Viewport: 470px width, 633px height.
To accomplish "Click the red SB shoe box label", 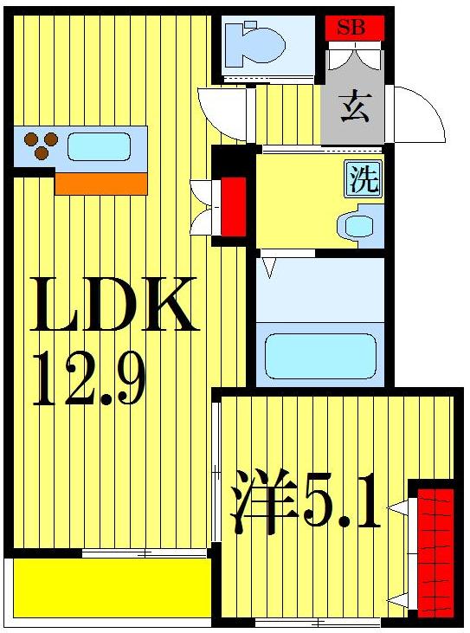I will (x=351, y=27).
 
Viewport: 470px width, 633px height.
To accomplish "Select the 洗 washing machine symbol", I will (x=364, y=179).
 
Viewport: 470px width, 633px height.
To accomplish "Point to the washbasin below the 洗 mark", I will (x=357, y=226).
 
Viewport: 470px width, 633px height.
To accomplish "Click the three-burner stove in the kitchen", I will (x=40, y=145).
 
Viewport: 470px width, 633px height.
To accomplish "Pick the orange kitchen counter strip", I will (x=100, y=184).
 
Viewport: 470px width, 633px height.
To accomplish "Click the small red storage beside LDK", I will (x=233, y=206).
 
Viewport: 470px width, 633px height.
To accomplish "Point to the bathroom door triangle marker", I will (x=268, y=267).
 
